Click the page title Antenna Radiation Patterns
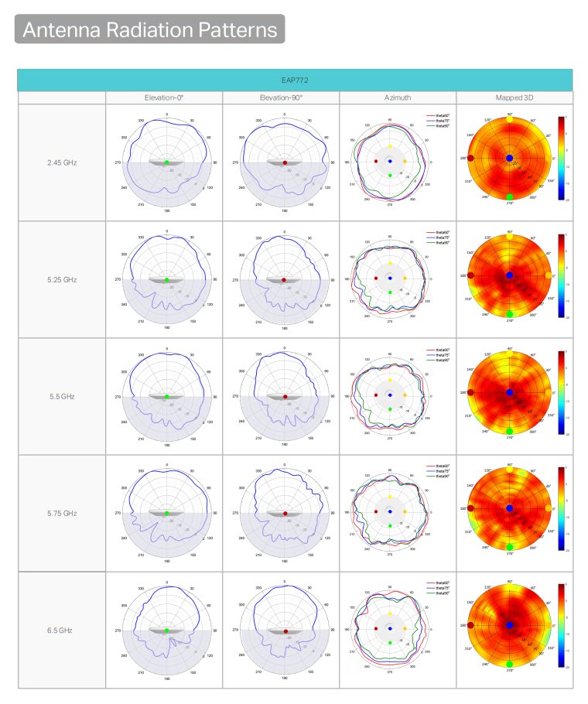149,29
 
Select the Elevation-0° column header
164,97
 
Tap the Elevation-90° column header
281,97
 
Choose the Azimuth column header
397,97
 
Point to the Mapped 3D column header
514,97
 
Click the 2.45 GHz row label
62,162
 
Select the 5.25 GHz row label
62,279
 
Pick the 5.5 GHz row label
62,396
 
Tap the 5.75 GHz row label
62,513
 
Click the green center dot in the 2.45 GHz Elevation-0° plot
166,162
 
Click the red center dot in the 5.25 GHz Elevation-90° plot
284,279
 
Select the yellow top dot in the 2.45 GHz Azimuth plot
390,146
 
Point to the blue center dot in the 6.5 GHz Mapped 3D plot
509,625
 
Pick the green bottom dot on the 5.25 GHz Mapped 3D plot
509,313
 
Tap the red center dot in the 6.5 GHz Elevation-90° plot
284,631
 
